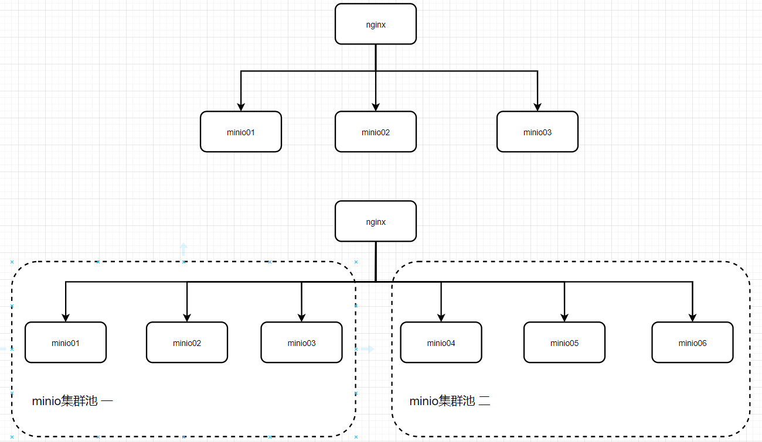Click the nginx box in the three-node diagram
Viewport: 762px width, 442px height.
[x=376, y=24]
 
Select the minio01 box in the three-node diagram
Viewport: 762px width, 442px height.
[x=241, y=132]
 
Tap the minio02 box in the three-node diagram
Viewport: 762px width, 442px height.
[x=376, y=132]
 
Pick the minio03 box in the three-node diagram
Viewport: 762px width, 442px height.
[x=538, y=132]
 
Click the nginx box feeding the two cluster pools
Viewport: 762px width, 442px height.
[x=376, y=221]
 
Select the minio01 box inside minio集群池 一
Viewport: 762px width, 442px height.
[x=66, y=342]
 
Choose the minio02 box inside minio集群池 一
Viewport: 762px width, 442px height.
[x=187, y=342]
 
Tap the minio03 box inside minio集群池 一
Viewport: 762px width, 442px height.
[x=301, y=342]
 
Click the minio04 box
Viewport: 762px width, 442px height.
[x=441, y=342]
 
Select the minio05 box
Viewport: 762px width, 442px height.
[x=564, y=342]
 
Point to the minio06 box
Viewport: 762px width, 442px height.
[x=692, y=342]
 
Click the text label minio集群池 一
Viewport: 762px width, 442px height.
[x=73, y=401]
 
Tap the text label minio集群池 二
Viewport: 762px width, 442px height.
[x=450, y=401]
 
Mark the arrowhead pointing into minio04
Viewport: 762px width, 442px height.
[x=441, y=317]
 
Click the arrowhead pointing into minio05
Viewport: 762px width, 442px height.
[x=564, y=317]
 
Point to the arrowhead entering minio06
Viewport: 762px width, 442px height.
[x=692, y=317]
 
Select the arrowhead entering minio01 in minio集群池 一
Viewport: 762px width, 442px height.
[x=66, y=317]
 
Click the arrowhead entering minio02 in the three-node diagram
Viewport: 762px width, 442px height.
[x=376, y=106]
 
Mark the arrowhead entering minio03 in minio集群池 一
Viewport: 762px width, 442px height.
[x=301, y=317]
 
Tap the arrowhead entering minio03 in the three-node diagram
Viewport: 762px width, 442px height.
[x=538, y=106]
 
